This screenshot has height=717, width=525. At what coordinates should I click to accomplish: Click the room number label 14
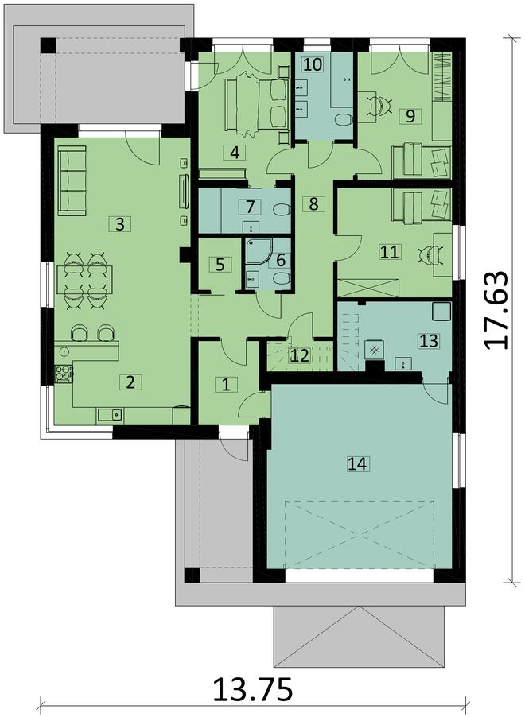tap(357, 463)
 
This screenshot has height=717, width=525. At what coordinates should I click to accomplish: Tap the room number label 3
tap(119, 224)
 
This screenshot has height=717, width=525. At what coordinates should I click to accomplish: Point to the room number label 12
tap(299, 356)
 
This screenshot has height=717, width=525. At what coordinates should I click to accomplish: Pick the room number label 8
tap(313, 203)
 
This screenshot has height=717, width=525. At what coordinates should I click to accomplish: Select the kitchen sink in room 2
tap(108, 413)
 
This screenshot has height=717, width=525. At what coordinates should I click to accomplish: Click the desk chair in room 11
tap(430, 253)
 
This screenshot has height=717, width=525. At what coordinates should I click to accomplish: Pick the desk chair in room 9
tap(380, 104)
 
